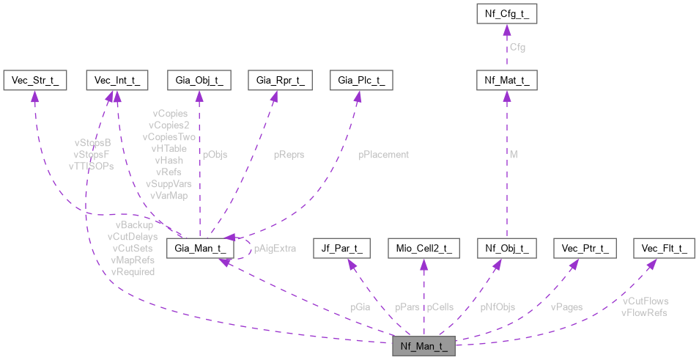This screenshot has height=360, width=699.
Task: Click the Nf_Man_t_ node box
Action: tap(424, 345)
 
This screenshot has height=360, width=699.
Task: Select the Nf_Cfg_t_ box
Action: tap(507, 13)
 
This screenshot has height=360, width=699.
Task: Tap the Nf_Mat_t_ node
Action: tap(507, 80)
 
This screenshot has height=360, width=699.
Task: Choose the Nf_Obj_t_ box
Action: tap(507, 249)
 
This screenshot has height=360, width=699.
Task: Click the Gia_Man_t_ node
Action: tap(200, 249)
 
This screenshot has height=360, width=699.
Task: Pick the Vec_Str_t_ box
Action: tap(34, 80)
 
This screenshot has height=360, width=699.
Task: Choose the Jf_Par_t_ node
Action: tap(341, 249)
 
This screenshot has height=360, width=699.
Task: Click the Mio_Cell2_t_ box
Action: tap(424, 249)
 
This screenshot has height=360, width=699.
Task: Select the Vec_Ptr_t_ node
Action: tap(585, 249)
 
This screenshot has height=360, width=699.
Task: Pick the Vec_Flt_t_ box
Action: tap(664, 249)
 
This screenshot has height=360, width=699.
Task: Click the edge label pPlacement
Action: tap(383, 155)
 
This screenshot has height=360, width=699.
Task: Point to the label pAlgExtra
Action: tap(275, 249)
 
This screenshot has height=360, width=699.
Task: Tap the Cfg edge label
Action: tap(518, 48)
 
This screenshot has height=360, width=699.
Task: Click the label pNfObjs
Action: tap(498, 307)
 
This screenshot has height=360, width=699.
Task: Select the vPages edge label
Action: tap(566, 307)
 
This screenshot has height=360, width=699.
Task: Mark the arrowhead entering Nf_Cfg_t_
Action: tap(507, 29)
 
